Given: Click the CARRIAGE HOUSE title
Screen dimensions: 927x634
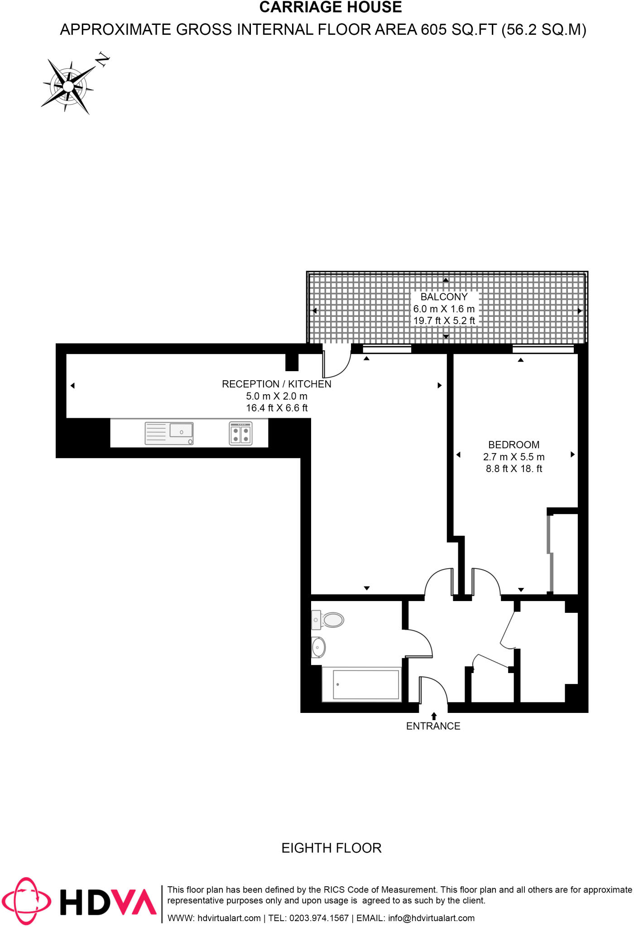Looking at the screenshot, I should [x=331, y=8].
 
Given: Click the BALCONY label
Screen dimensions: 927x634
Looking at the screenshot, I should [x=444, y=297].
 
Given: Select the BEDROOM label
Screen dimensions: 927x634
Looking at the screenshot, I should [x=514, y=445].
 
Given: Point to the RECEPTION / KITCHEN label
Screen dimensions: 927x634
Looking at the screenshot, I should [x=276, y=384].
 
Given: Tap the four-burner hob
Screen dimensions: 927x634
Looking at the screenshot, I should [x=240, y=434].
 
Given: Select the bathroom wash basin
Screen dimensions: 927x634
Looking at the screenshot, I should [x=318, y=648].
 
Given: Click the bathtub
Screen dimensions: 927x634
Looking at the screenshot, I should [x=361, y=684].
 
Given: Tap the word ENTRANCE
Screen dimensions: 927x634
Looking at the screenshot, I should [x=433, y=726].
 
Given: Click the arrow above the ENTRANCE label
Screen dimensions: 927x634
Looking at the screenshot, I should [x=434, y=716].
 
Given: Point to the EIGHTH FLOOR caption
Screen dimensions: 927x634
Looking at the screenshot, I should [x=331, y=848].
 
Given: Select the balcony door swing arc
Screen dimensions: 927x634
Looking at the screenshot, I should [x=337, y=365].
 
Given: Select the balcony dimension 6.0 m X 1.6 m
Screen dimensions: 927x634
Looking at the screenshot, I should [x=444, y=309].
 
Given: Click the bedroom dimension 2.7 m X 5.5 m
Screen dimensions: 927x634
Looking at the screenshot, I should [x=514, y=457].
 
